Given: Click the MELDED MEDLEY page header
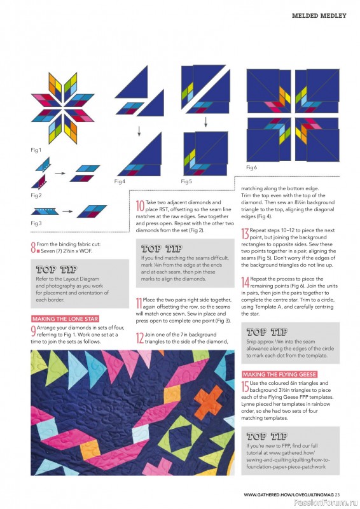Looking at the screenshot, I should (x=319, y=15).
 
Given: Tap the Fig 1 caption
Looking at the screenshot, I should (x=36, y=150).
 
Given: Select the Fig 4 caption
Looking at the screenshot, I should (x=120, y=181).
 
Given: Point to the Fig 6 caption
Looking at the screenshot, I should (x=251, y=167).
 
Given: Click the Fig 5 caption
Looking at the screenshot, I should (x=186, y=181).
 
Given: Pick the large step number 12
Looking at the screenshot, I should (x=139, y=338).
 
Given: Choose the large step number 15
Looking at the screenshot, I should (x=245, y=386).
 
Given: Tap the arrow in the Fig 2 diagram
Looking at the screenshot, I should (x=59, y=172).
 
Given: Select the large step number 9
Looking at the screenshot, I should (x=33, y=329).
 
